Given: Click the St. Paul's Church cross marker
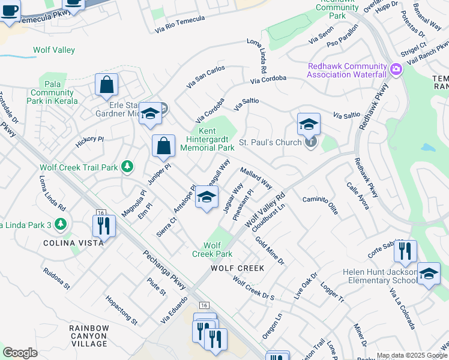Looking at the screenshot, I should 310,142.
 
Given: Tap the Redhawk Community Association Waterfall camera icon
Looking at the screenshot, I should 396,70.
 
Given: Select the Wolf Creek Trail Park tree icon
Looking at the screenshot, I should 127,167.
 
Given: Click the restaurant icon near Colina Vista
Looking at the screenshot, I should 104,226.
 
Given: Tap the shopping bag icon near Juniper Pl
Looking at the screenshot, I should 163,146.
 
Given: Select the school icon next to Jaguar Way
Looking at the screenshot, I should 206,197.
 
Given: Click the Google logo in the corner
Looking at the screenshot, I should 20,352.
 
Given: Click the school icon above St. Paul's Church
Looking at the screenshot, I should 309,124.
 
